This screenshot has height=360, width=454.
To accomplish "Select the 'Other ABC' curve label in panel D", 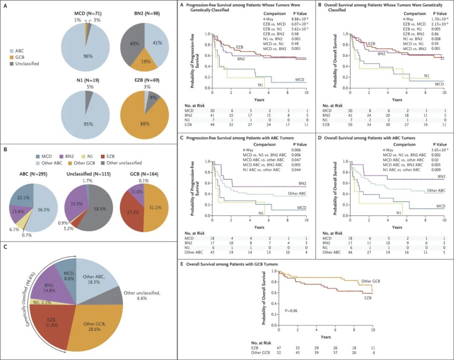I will pos(436,190).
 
